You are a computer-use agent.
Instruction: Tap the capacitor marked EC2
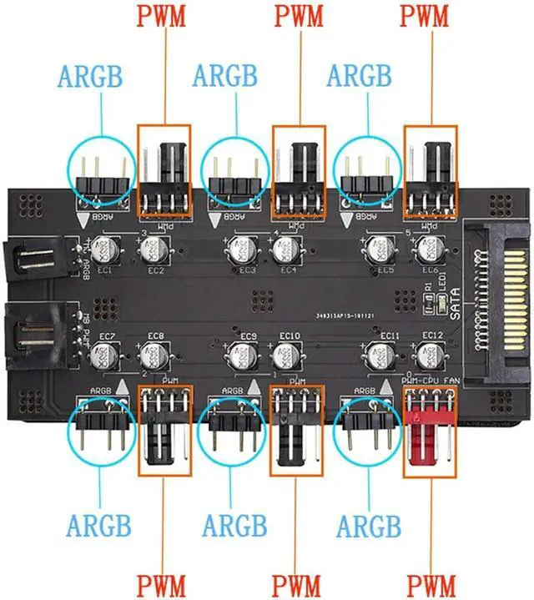pyautogui.click(x=153, y=249)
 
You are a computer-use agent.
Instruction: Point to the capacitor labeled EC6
pyautogui.click(x=429, y=249)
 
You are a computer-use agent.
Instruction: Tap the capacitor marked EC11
pyautogui.click(x=381, y=357)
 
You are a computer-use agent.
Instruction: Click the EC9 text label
pyautogui.click(x=247, y=337)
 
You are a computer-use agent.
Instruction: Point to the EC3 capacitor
pyautogui.click(x=238, y=249)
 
